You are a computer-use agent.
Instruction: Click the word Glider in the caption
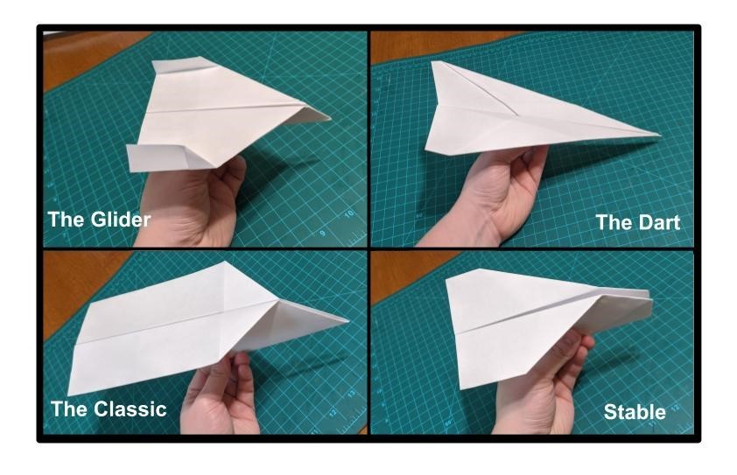(121, 220)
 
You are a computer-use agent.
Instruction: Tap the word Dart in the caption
(658, 222)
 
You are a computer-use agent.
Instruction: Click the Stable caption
(635, 412)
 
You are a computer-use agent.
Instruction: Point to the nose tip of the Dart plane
(660, 135)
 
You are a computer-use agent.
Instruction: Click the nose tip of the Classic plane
(347, 321)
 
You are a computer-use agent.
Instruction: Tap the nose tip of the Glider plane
(330, 116)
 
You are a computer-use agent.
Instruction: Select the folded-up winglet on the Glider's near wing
(158, 157)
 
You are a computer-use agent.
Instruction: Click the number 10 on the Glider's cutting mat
(348, 214)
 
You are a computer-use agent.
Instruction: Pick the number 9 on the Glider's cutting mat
(322, 234)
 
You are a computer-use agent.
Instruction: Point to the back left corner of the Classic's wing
(69, 395)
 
